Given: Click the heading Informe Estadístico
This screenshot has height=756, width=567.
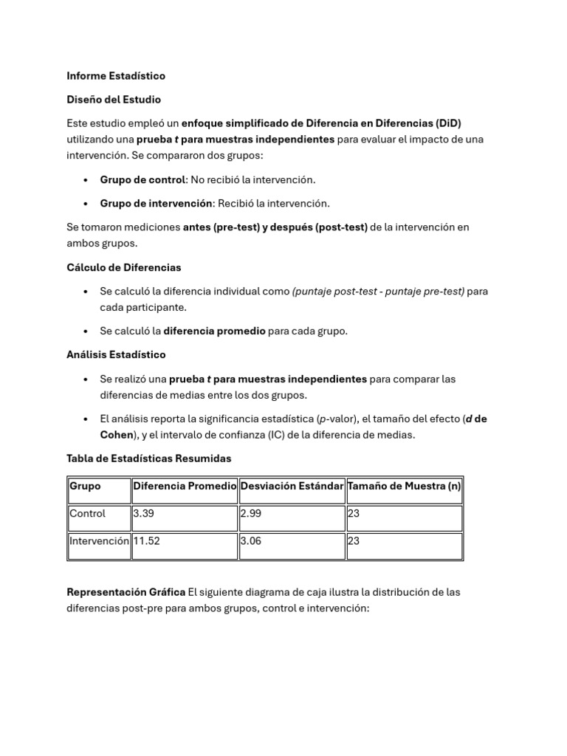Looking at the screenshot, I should pos(116,76).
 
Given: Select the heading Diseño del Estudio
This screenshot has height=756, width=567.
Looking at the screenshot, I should pos(114,100).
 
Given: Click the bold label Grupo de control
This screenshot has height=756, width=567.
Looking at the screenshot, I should pos(142,179).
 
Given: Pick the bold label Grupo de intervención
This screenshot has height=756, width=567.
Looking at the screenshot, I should pos(157,203).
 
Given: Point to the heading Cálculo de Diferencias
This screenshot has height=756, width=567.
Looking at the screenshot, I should pos(123,267).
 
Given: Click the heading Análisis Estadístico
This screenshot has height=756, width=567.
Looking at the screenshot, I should pos(116,355).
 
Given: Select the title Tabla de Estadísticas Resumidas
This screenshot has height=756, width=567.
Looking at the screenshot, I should pos(148,458).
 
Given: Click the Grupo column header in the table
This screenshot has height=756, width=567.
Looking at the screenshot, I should pos(85,487).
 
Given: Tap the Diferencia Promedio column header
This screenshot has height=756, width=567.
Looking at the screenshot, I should pos(185,487).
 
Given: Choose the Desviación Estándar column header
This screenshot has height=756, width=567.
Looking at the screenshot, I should pos(292,487).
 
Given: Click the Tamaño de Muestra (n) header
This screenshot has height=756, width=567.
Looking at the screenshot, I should pos(404,487).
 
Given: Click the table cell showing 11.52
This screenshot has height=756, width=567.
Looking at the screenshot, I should pos(146,541).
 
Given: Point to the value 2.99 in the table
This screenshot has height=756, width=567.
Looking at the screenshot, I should pos(250,514).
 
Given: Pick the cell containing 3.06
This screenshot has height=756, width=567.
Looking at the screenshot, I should pos(250,541).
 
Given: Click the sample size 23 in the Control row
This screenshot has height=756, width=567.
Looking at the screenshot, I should pos(353,514).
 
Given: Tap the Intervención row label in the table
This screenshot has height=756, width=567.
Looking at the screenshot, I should pos(99,541).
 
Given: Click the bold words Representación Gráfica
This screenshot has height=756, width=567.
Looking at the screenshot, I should pos(126,593).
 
